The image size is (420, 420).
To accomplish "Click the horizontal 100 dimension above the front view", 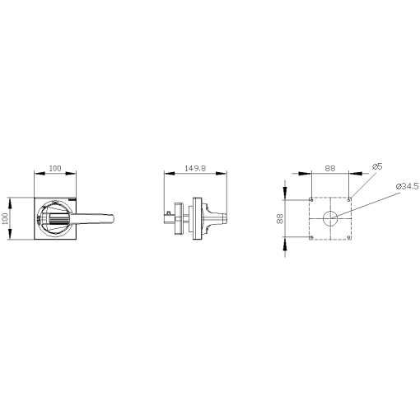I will click(54, 168).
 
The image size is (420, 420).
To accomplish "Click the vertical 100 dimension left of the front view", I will click(5, 217).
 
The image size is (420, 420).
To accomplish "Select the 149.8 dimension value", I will click(195, 168).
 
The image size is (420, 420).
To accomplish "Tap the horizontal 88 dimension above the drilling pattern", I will click(329, 168).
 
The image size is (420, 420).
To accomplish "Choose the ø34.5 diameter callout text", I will click(407, 186).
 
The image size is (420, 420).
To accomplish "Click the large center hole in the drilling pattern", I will click(329, 218).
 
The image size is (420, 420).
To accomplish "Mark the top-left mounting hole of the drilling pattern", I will click(310, 198).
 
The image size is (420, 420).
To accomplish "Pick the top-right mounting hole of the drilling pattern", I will click(349, 198).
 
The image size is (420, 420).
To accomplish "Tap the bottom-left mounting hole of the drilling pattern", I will click(310, 238).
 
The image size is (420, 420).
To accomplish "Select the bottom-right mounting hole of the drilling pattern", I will click(349, 238).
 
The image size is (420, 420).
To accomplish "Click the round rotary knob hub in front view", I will click(54, 218).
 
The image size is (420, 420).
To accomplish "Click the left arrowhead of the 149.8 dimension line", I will click(167, 174).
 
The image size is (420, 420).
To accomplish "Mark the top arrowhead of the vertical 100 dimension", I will click(11, 199).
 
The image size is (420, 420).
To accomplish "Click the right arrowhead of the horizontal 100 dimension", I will click(75, 174).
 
